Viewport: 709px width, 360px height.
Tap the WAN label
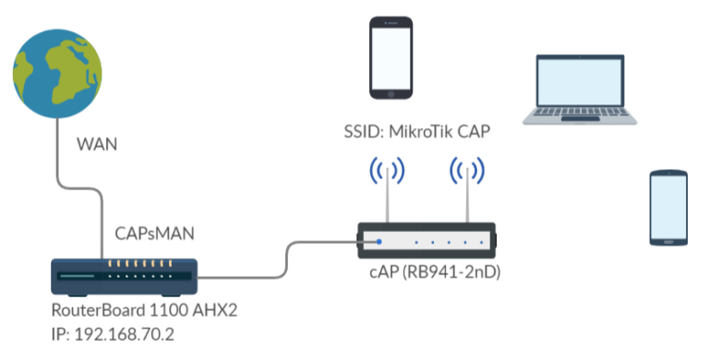[98, 145]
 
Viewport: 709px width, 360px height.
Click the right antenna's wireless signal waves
[467, 171]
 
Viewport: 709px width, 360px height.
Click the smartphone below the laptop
[667, 208]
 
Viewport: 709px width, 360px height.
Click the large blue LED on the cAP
[379, 242]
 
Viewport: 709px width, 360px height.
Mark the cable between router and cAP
[277, 263]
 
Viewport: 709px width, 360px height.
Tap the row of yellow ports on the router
[138, 264]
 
